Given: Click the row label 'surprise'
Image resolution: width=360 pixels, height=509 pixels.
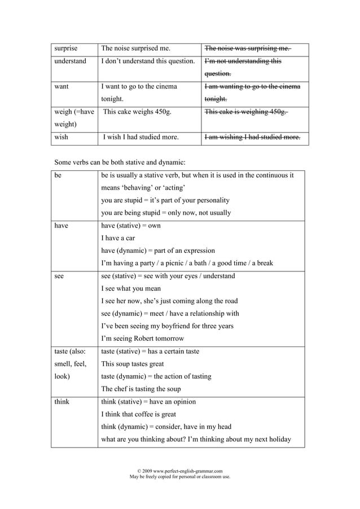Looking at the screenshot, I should point(65,49).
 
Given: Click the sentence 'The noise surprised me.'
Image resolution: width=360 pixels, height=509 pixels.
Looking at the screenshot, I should point(135,49).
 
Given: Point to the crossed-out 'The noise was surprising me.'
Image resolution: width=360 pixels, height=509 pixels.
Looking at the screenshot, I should point(248,49).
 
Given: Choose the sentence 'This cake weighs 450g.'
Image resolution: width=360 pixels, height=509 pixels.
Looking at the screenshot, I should point(137,112).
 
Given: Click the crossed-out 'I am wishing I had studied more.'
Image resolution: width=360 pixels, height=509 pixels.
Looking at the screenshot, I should point(252,137).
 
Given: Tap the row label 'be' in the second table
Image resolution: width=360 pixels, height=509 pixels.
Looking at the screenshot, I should point(58,175).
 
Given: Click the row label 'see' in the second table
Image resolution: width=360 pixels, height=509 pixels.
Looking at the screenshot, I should point(59,276).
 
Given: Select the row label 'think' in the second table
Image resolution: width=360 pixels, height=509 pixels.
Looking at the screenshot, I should point(62,402).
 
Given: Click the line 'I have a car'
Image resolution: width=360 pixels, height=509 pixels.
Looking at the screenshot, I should point(118,238).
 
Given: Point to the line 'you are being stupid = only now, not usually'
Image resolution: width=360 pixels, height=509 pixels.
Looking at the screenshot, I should point(166,213).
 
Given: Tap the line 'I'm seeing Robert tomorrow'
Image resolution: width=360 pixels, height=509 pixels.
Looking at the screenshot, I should point(142,339).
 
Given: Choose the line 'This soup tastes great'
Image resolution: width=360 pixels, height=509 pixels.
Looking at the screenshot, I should point(132,364).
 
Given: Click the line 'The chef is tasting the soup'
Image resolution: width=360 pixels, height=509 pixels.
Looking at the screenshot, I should point(141,389).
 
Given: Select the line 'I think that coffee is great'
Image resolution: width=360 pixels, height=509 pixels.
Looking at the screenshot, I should point(138,414).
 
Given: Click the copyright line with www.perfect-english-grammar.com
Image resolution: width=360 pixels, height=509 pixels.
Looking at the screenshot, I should point(180,471).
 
